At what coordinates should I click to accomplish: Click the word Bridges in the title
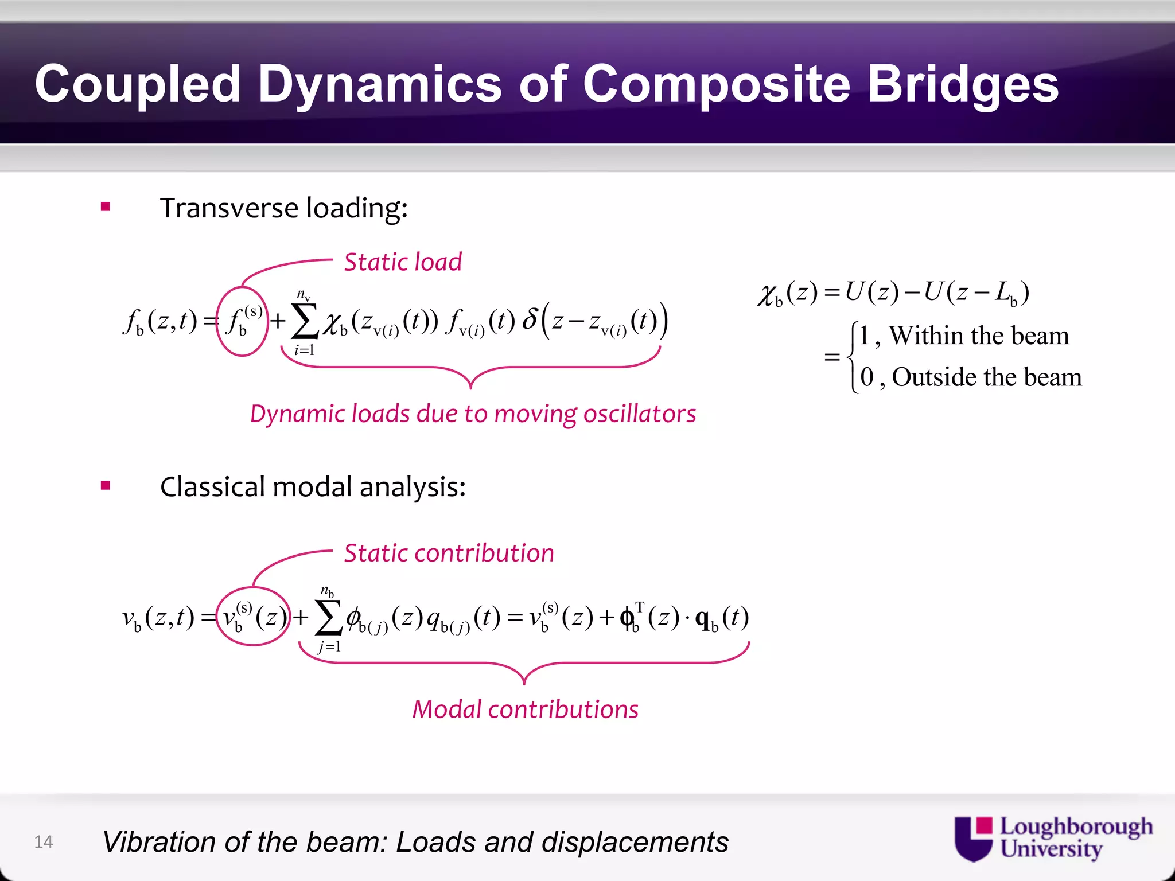click(962, 84)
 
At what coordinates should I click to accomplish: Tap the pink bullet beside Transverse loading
click(105, 207)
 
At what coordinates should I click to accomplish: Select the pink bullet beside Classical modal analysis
click(105, 486)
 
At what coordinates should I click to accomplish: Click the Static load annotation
click(403, 262)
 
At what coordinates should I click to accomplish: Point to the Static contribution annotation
click(449, 553)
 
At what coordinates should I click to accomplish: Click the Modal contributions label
click(525, 710)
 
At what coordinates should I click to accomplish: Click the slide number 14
click(43, 841)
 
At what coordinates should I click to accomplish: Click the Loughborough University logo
click(1053, 839)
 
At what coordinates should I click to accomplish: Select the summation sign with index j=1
click(329, 618)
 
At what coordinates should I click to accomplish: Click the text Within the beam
click(979, 336)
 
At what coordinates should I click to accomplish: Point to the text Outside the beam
click(986, 377)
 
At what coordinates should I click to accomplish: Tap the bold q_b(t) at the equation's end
click(721, 618)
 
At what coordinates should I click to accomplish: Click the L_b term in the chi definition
click(1006, 294)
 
